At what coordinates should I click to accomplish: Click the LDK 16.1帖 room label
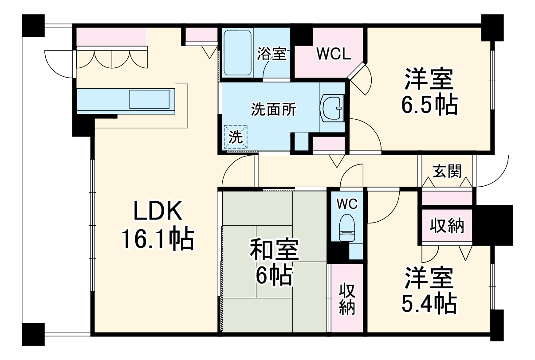click(x=158, y=226)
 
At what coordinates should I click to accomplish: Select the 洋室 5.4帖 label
click(x=429, y=290)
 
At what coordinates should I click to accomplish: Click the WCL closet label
click(x=333, y=54)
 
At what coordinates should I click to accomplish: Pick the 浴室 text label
click(x=271, y=54)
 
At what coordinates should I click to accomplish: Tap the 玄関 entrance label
click(x=447, y=170)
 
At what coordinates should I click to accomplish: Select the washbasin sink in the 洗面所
click(x=332, y=107)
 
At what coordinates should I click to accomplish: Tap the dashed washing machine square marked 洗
click(x=236, y=137)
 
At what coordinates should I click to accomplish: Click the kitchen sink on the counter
click(x=149, y=99)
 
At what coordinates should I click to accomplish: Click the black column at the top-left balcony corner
click(x=34, y=26)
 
